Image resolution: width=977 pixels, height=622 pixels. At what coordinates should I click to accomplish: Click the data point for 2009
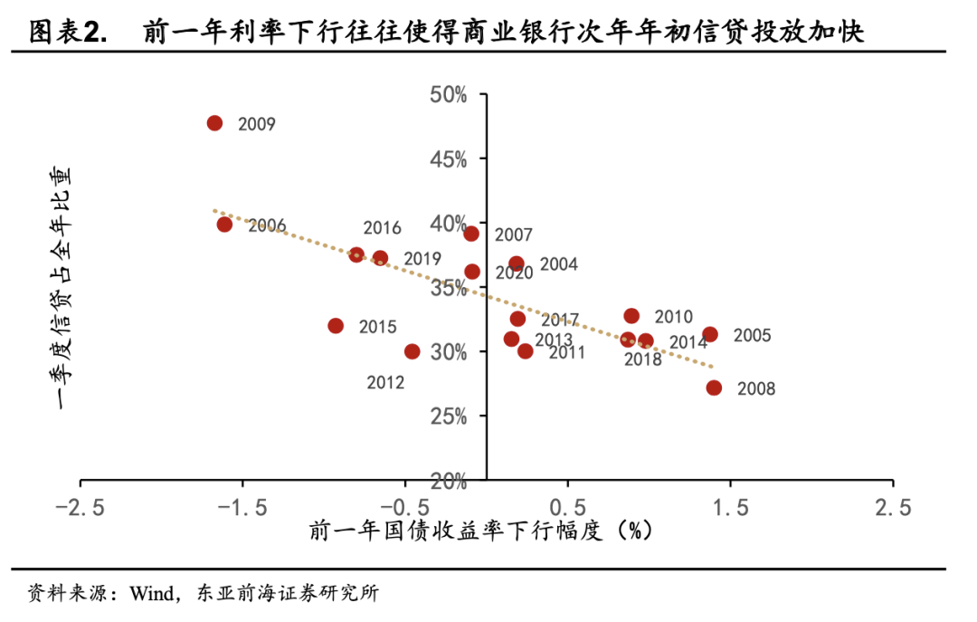(214, 123)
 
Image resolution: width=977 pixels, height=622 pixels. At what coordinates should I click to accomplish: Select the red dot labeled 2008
(714, 388)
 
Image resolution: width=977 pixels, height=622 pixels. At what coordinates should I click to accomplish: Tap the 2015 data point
(336, 326)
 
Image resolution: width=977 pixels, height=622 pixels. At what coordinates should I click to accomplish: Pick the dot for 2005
(710, 334)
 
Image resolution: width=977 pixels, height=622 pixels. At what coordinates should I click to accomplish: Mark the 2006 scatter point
(224, 225)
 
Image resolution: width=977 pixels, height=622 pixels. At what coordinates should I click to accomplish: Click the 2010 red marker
(631, 316)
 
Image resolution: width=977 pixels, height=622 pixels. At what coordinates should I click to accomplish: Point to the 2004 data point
(517, 264)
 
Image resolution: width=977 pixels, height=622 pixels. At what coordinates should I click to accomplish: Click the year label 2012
(385, 382)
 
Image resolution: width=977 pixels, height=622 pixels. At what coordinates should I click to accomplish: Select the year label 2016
(382, 228)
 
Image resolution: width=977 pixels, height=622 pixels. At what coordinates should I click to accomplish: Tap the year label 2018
(643, 359)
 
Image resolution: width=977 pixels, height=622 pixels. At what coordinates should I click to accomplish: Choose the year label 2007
(513, 235)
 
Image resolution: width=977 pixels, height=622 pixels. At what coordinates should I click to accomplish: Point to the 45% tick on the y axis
(449, 159)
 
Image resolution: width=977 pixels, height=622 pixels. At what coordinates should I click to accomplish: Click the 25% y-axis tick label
(449, 416)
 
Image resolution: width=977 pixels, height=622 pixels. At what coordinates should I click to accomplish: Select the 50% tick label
(449, 95)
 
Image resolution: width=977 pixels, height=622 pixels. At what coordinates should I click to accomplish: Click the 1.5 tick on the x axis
(730, 508)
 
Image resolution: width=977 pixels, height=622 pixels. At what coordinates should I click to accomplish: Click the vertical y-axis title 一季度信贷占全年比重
(63, 288)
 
